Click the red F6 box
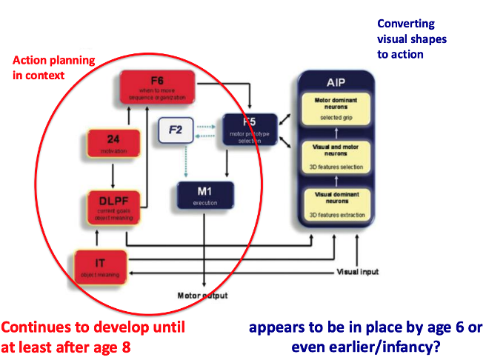coord(157,87)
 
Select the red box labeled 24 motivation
coord(113,144)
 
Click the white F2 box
coord(176,132)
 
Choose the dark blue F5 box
coord(250,129)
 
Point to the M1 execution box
coord(204,196)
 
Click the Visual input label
coord(358,272)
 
